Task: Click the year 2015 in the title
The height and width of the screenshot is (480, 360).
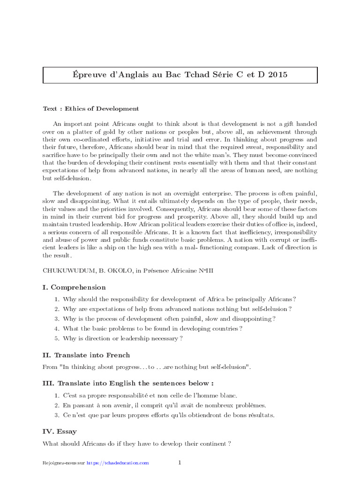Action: (x=277, y=75)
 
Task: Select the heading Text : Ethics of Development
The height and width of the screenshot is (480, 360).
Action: (x=91, y=109)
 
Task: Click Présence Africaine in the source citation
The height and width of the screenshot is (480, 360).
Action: (x=172, y=270)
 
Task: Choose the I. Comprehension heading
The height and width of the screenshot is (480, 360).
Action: (x=74, y=287)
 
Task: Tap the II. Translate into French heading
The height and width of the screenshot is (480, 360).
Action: (x=86, y=355)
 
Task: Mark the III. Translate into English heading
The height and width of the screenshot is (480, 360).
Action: (x=127, y=383)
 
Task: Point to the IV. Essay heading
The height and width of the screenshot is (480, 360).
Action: (x=60, y=431)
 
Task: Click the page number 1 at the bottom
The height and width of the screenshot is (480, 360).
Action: (x=180, y=463)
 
